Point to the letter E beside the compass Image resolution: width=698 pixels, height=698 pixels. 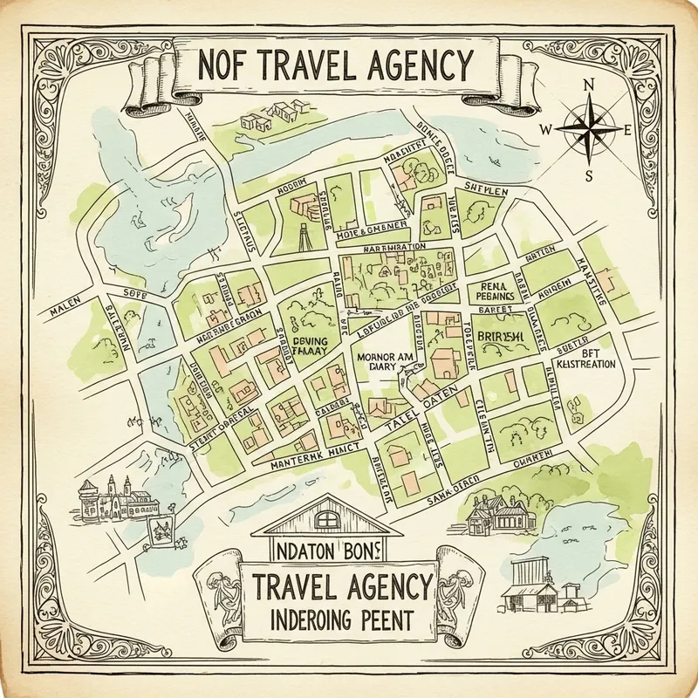click(x=627, y=130)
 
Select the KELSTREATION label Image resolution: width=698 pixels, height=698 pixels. click(x=585, y=363)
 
